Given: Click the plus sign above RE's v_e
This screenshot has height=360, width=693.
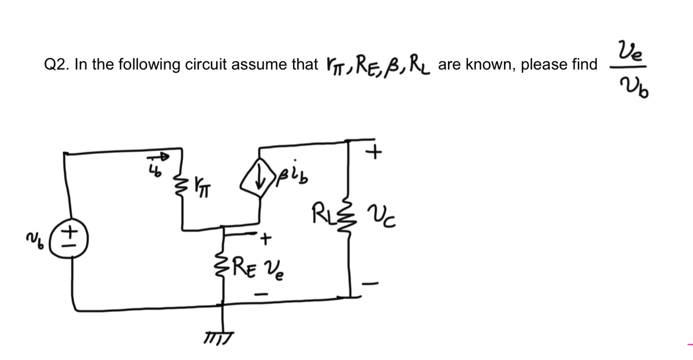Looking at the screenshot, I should [x=266, y=240].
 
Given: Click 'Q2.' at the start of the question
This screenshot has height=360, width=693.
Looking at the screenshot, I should [x=57, y=65].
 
